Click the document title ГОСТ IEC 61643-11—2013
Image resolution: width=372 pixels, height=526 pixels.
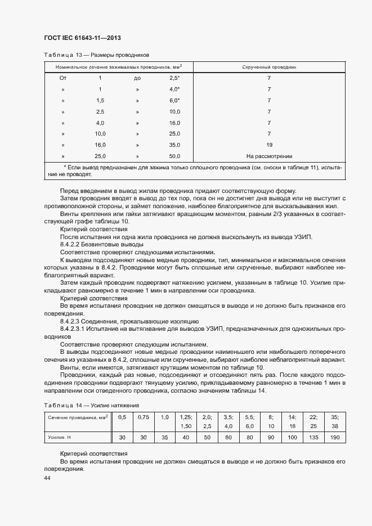click(x=83, y=38)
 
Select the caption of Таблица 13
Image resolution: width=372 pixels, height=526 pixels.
click(x=96, y=55)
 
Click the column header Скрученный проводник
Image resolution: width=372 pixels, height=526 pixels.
click(x=269, y=67)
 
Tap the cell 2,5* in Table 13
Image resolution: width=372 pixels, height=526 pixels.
click(x=174, y=78)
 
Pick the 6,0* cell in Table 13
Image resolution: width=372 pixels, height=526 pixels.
click(x=174, y=100)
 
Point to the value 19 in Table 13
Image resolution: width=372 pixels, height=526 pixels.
click(x=269, y=145)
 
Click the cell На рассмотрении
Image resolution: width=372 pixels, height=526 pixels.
click(x=269, y=156)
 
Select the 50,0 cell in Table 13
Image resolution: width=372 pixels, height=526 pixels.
click(x=174, y=156)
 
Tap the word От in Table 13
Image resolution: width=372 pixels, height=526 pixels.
click(x=63, y=78)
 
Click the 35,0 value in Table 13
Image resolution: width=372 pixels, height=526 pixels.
click(x=174, y=145)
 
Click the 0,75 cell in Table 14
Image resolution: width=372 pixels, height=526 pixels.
click(x=144, y=417)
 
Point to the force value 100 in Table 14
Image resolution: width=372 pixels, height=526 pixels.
click(x=292, y=437)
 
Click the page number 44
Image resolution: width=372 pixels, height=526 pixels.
click(x=47, y=478)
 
